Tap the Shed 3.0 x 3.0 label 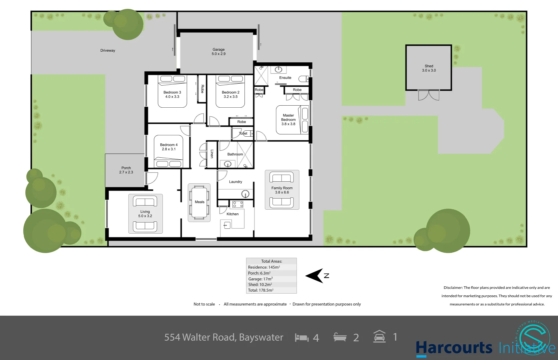pyautogui.click(x=429, y=68)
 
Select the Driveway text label pyautogui.click(x=108, y=51)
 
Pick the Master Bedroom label pyautogui.click(x=288, y=120)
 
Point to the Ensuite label pyautogui.click(x=285, y=78)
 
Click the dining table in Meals pyautogui.click(x=199, y=202)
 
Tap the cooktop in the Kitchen pyautogui.click(x=238, y=204)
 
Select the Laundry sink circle pyautogui.click(x=245, y=194)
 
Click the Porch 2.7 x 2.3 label pyautogui.click(x=126, y=170)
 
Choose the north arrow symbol pyautogui.click(x=315, y=276)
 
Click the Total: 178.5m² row pyautogui.click(x=261, y=290)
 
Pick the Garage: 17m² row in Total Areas pyautogui.click(x=260, y=279)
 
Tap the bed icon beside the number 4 pyautogui.click(x=302, y=338)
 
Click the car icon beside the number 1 pyautogui.click(x=379, y=337)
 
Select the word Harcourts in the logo pyautogui.click(x=454, y=348)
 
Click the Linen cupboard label pyautogui.click(x=212, y=154)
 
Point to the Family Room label pyautogui.click(x=282, y=190)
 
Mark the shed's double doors pyautogui.click(x=429, y=95)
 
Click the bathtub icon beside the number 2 pyautogui.click(x=340, y=337)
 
